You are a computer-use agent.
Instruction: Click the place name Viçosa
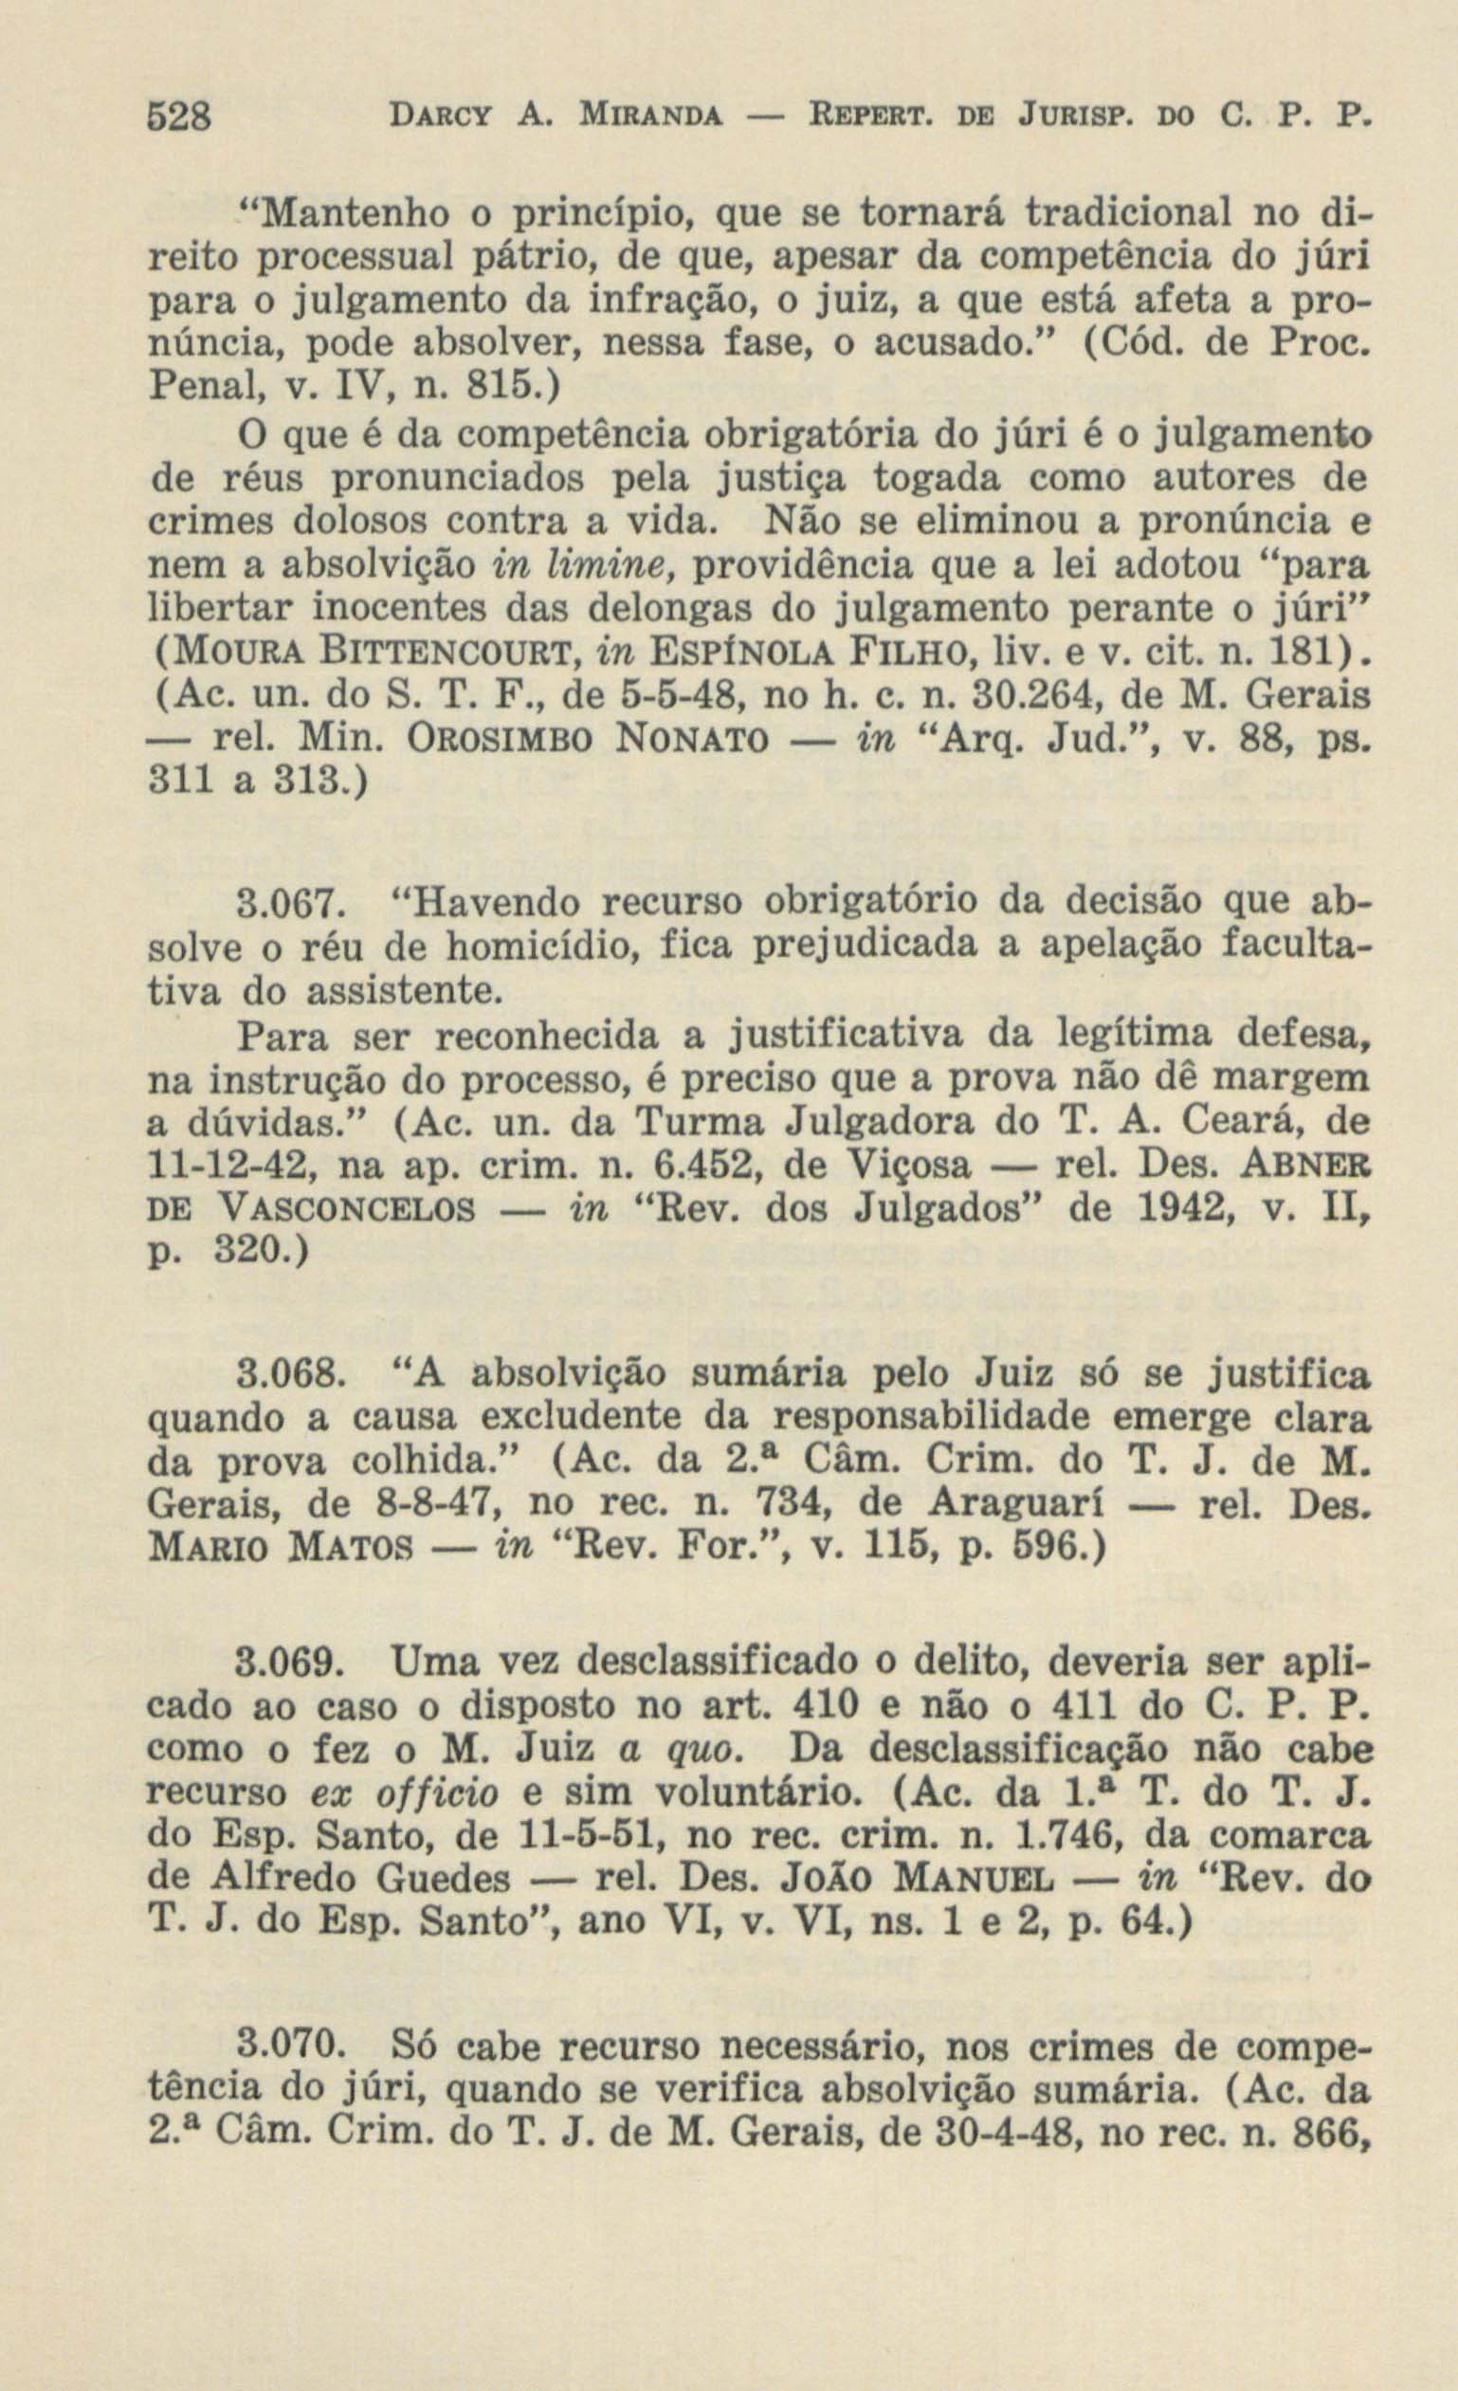(832, 1168)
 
